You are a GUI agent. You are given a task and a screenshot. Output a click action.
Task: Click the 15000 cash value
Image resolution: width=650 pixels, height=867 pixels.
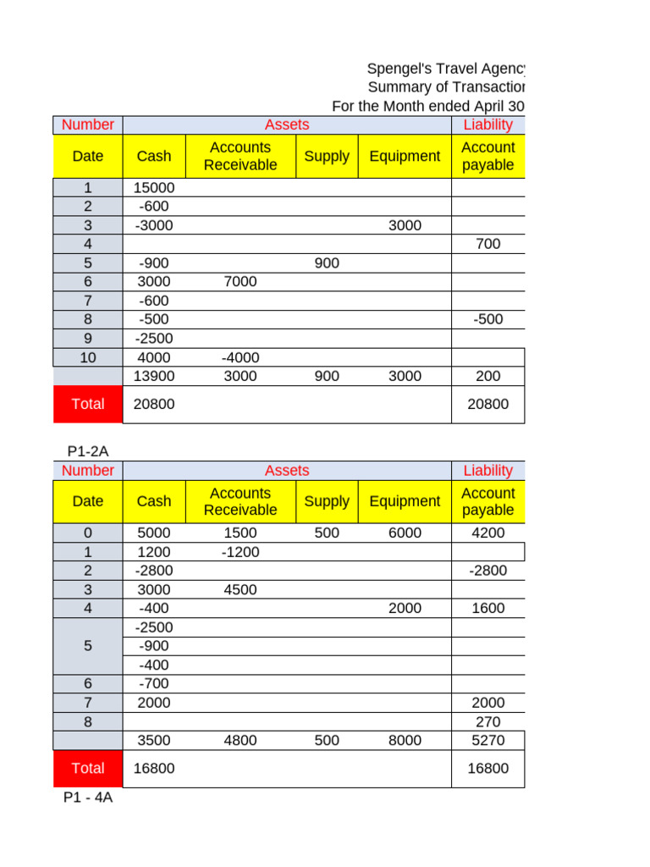click(154, 188)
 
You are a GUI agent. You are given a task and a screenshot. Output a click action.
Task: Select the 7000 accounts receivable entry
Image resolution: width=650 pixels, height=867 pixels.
click(240, 281)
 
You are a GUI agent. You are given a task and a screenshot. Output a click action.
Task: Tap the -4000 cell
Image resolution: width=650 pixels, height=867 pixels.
click(240, 357)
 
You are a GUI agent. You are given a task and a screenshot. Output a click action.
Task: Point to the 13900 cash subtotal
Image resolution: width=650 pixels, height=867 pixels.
click(154, 376)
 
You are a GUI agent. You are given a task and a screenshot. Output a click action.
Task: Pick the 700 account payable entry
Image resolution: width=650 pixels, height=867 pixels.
click(488, 244)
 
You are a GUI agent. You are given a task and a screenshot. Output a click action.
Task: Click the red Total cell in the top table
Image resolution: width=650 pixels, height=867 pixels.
click(88, 404)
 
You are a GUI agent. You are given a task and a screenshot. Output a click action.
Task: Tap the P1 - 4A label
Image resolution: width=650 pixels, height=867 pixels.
click(88, 798)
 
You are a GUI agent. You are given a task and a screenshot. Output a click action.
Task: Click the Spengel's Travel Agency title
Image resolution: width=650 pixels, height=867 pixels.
click(445, 69)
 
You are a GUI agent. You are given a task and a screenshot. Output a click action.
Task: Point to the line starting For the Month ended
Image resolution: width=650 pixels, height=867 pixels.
click(427, 106)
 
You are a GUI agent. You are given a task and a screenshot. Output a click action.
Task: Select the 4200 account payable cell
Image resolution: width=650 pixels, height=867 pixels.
click(488, 533)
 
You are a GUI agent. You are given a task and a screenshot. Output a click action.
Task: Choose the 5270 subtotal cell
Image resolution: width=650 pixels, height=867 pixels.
click(488, 740)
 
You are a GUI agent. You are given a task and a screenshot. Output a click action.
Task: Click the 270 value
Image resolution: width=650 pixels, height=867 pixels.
click(488, 721)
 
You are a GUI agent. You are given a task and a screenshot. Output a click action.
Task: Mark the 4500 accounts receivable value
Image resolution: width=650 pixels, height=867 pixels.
click(240, 589)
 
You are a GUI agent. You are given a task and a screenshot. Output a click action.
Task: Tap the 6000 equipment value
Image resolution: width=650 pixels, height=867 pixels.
click(405, 533)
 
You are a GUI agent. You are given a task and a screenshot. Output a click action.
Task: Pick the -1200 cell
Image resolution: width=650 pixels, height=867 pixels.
click(240, 552)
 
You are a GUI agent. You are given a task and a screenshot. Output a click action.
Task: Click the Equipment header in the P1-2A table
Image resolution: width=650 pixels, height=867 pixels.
click(405, 501)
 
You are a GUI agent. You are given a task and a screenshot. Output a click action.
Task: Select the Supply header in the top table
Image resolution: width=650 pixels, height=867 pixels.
click(327, 156)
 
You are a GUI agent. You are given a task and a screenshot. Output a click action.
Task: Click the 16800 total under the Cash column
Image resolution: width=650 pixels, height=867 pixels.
click(154, 768)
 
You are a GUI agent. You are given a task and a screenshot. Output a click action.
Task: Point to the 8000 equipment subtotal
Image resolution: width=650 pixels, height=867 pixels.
click(405, 740)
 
